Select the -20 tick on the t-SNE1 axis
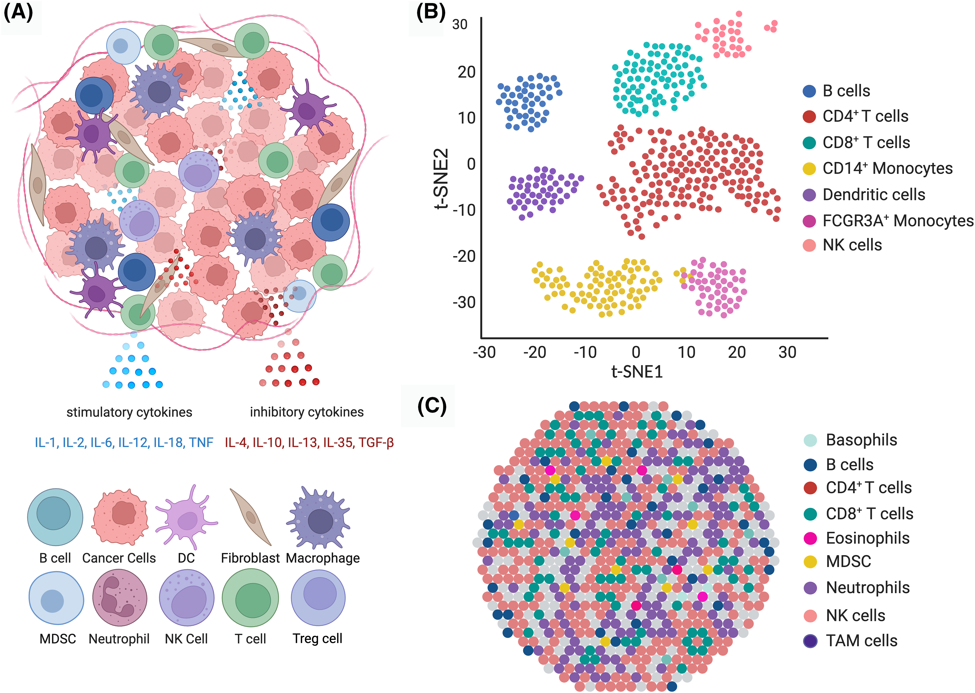(x=534, y=353)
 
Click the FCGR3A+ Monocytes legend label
(x=898, y=221)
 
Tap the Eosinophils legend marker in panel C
(x=810, y=538)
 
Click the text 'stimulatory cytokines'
(x=129, y=412)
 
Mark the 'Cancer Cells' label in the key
(x=119, y=558)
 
